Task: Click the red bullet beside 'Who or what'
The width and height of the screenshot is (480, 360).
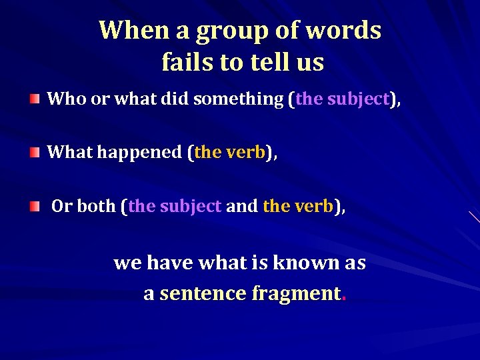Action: coord(35,99)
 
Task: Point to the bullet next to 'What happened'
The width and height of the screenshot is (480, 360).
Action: coord(35,153)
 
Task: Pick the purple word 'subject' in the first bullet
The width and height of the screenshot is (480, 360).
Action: coord(358,99)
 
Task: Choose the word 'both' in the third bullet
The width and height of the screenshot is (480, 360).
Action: coord(97,207)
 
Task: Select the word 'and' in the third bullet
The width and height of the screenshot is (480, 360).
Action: coord(241,207)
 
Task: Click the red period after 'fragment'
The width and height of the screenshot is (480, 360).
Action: coord(343,299)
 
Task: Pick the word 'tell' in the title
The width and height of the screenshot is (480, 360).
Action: coord(269,62)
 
